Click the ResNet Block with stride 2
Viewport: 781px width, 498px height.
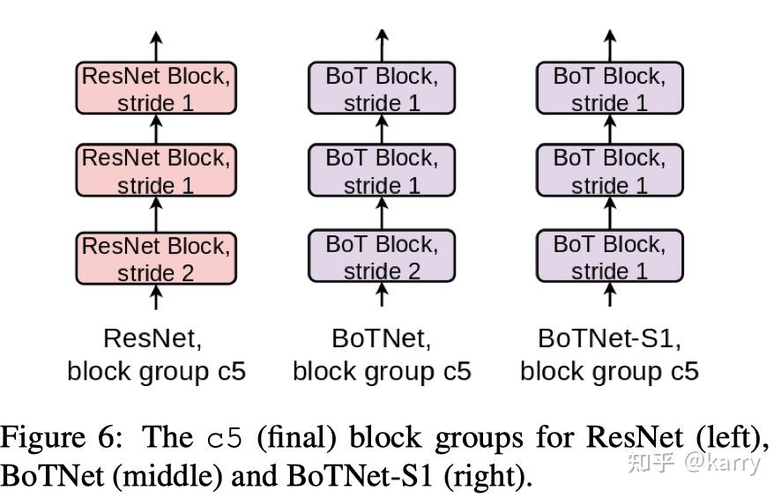coord(156,258)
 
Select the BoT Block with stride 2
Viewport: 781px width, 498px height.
coord(382,258)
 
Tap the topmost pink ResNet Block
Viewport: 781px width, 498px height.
coord(156,88)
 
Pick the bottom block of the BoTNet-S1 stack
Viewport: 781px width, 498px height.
coord(609,258)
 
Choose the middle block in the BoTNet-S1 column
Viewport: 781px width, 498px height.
coord(609,172)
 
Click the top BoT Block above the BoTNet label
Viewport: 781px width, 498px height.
coord(382,88)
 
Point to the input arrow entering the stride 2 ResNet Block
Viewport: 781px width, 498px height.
coord(156,297)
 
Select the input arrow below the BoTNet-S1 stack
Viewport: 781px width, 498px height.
coord(609,297)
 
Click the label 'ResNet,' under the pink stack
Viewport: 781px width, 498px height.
coord(156,338)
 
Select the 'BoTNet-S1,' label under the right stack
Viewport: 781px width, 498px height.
coord(609,338)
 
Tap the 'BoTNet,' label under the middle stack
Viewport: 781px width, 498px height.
coord(382,338)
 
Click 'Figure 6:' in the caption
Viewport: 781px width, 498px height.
coord(54,438)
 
